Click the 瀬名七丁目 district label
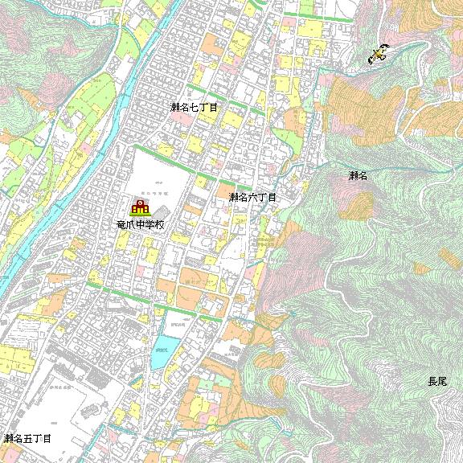coord(195,106)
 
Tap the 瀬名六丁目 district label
coord(252,197)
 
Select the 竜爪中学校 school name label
coord(140,226)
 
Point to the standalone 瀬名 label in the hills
coord(358,175)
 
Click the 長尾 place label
coord(436,382)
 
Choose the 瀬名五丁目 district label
coord(27,438)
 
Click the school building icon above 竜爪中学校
coord(140,209)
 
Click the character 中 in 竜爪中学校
coord(140,226)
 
